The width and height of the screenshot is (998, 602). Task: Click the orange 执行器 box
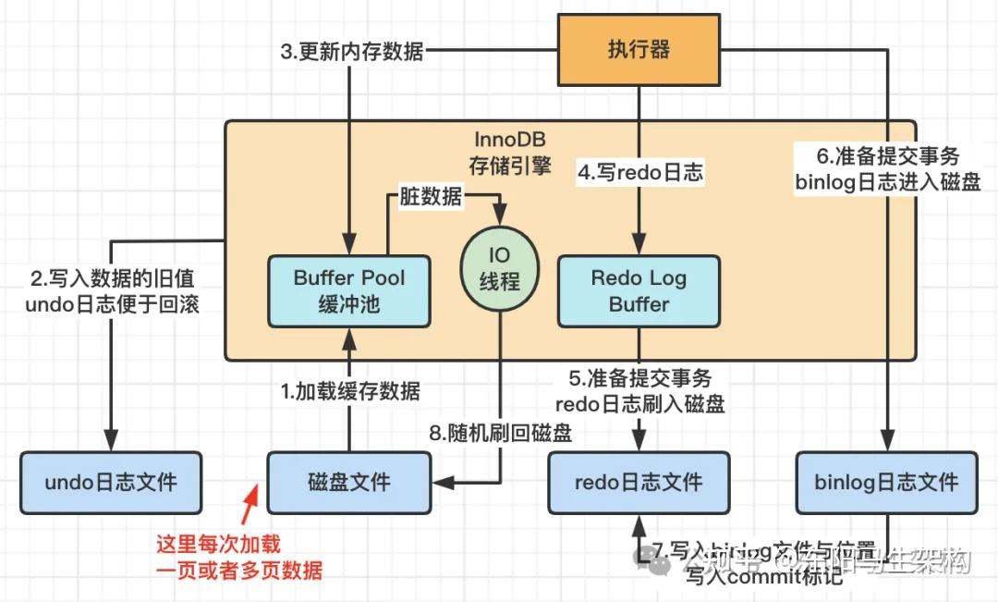(x=639, y=49)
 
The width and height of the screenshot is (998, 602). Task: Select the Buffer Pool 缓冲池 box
(x=348, y=290)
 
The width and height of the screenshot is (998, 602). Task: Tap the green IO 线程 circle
(x=500, y=268)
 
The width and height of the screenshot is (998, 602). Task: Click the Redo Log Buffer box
(x=639, y=290)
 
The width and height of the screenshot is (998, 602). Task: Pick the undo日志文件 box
(x=111, y=482)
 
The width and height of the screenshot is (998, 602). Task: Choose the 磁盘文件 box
(x=348, y=482)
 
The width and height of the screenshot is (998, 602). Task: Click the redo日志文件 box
(x=639, y=482)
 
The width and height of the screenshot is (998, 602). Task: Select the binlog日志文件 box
(x=886, y=482)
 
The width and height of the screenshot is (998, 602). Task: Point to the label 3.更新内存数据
(x=351, y=51)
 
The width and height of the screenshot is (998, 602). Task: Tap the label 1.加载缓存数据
(x=350, y=391)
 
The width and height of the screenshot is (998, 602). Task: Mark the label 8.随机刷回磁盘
(x=500, y=432)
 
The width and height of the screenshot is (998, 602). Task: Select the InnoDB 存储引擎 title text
(x=509, y=154)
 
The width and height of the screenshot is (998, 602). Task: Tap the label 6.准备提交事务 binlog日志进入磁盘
(x=888, y=168)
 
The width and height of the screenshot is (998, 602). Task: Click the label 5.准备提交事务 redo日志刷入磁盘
(x=639, y=391)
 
